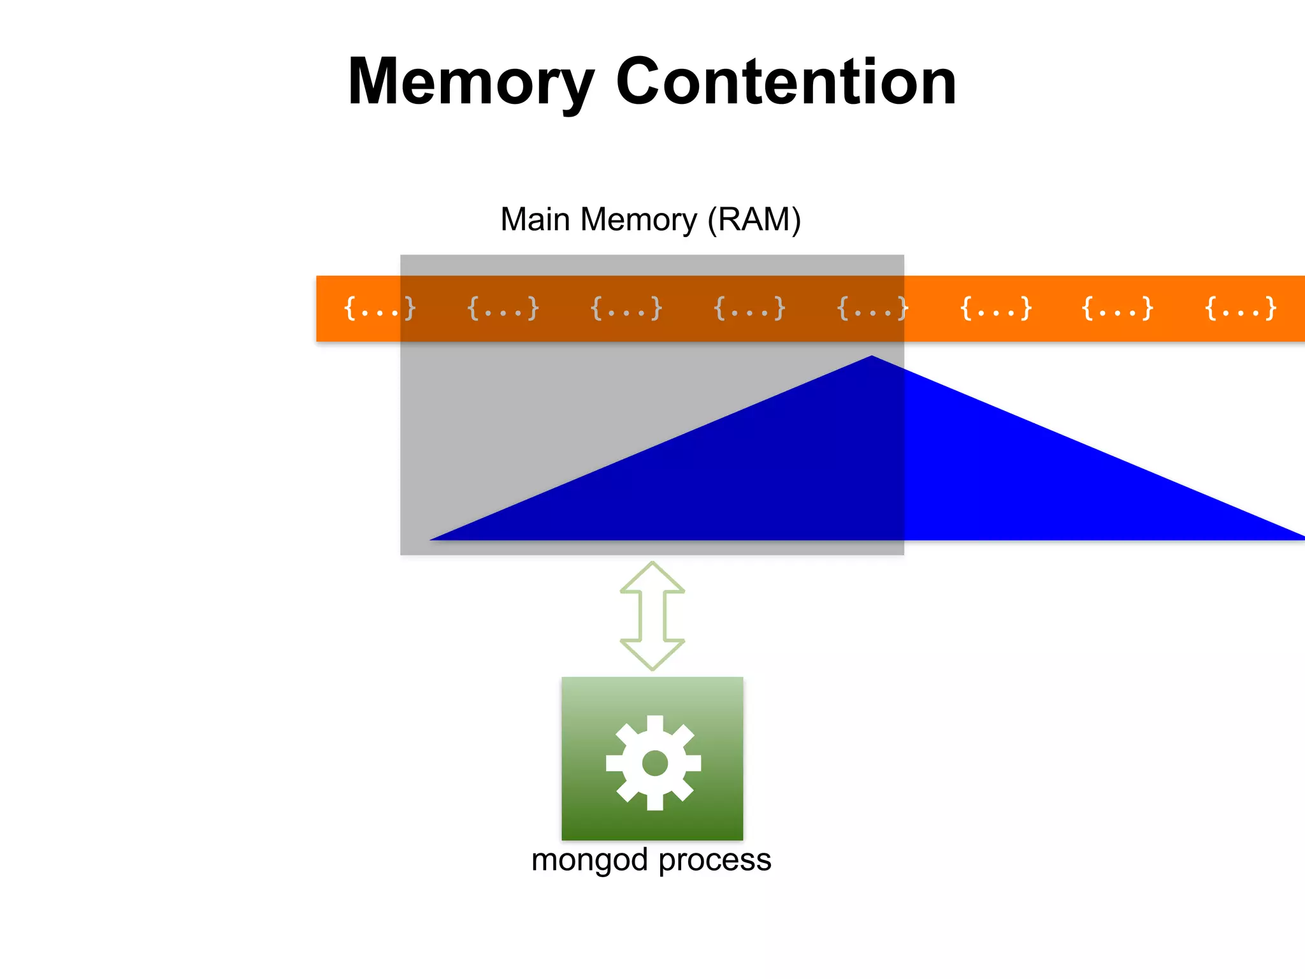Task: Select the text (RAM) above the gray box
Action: pos(754,219)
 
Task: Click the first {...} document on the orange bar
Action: pos(380,308)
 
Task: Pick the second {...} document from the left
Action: pos(503,308)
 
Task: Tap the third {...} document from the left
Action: pos(626,308)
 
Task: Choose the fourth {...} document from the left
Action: pos(749,308)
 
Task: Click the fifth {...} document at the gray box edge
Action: pos(872,308)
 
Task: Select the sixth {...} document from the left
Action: pos(995,308)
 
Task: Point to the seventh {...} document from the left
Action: pos(1118,308)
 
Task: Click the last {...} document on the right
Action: pos(1241,308)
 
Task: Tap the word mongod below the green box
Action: pos(589,860)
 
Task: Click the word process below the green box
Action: pos(714,860)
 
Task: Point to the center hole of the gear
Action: pos(654,763)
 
